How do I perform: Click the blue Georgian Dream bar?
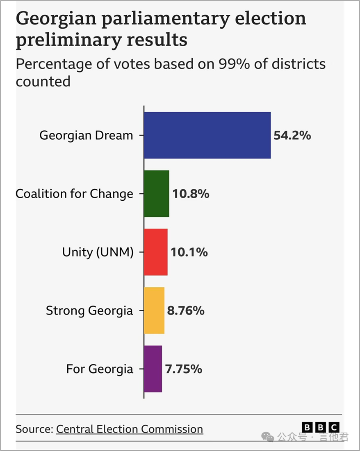(x=207, y=135)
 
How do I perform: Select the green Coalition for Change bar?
(x=156, y=194)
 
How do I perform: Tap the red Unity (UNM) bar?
(x=155, y=252)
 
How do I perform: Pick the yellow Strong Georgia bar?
(x=154, y=310)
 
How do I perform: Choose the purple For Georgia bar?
(x=153, y=369)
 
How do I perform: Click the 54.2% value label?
(x=292, y=135)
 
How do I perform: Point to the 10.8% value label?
(x=191, y=194)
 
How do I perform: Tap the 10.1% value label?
(x=189, y=252)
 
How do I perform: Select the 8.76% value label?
(x=185, y=310)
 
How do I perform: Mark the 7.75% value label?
(x=184, y=369)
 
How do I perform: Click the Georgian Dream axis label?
(x=86, y=136)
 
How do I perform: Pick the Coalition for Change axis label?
(x=74, y=194)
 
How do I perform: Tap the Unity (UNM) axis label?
(x=98, y=252)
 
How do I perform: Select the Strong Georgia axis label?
(x=89, y=311)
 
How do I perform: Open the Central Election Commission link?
(x=130, y=429)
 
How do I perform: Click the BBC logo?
(x=321, y=428)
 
